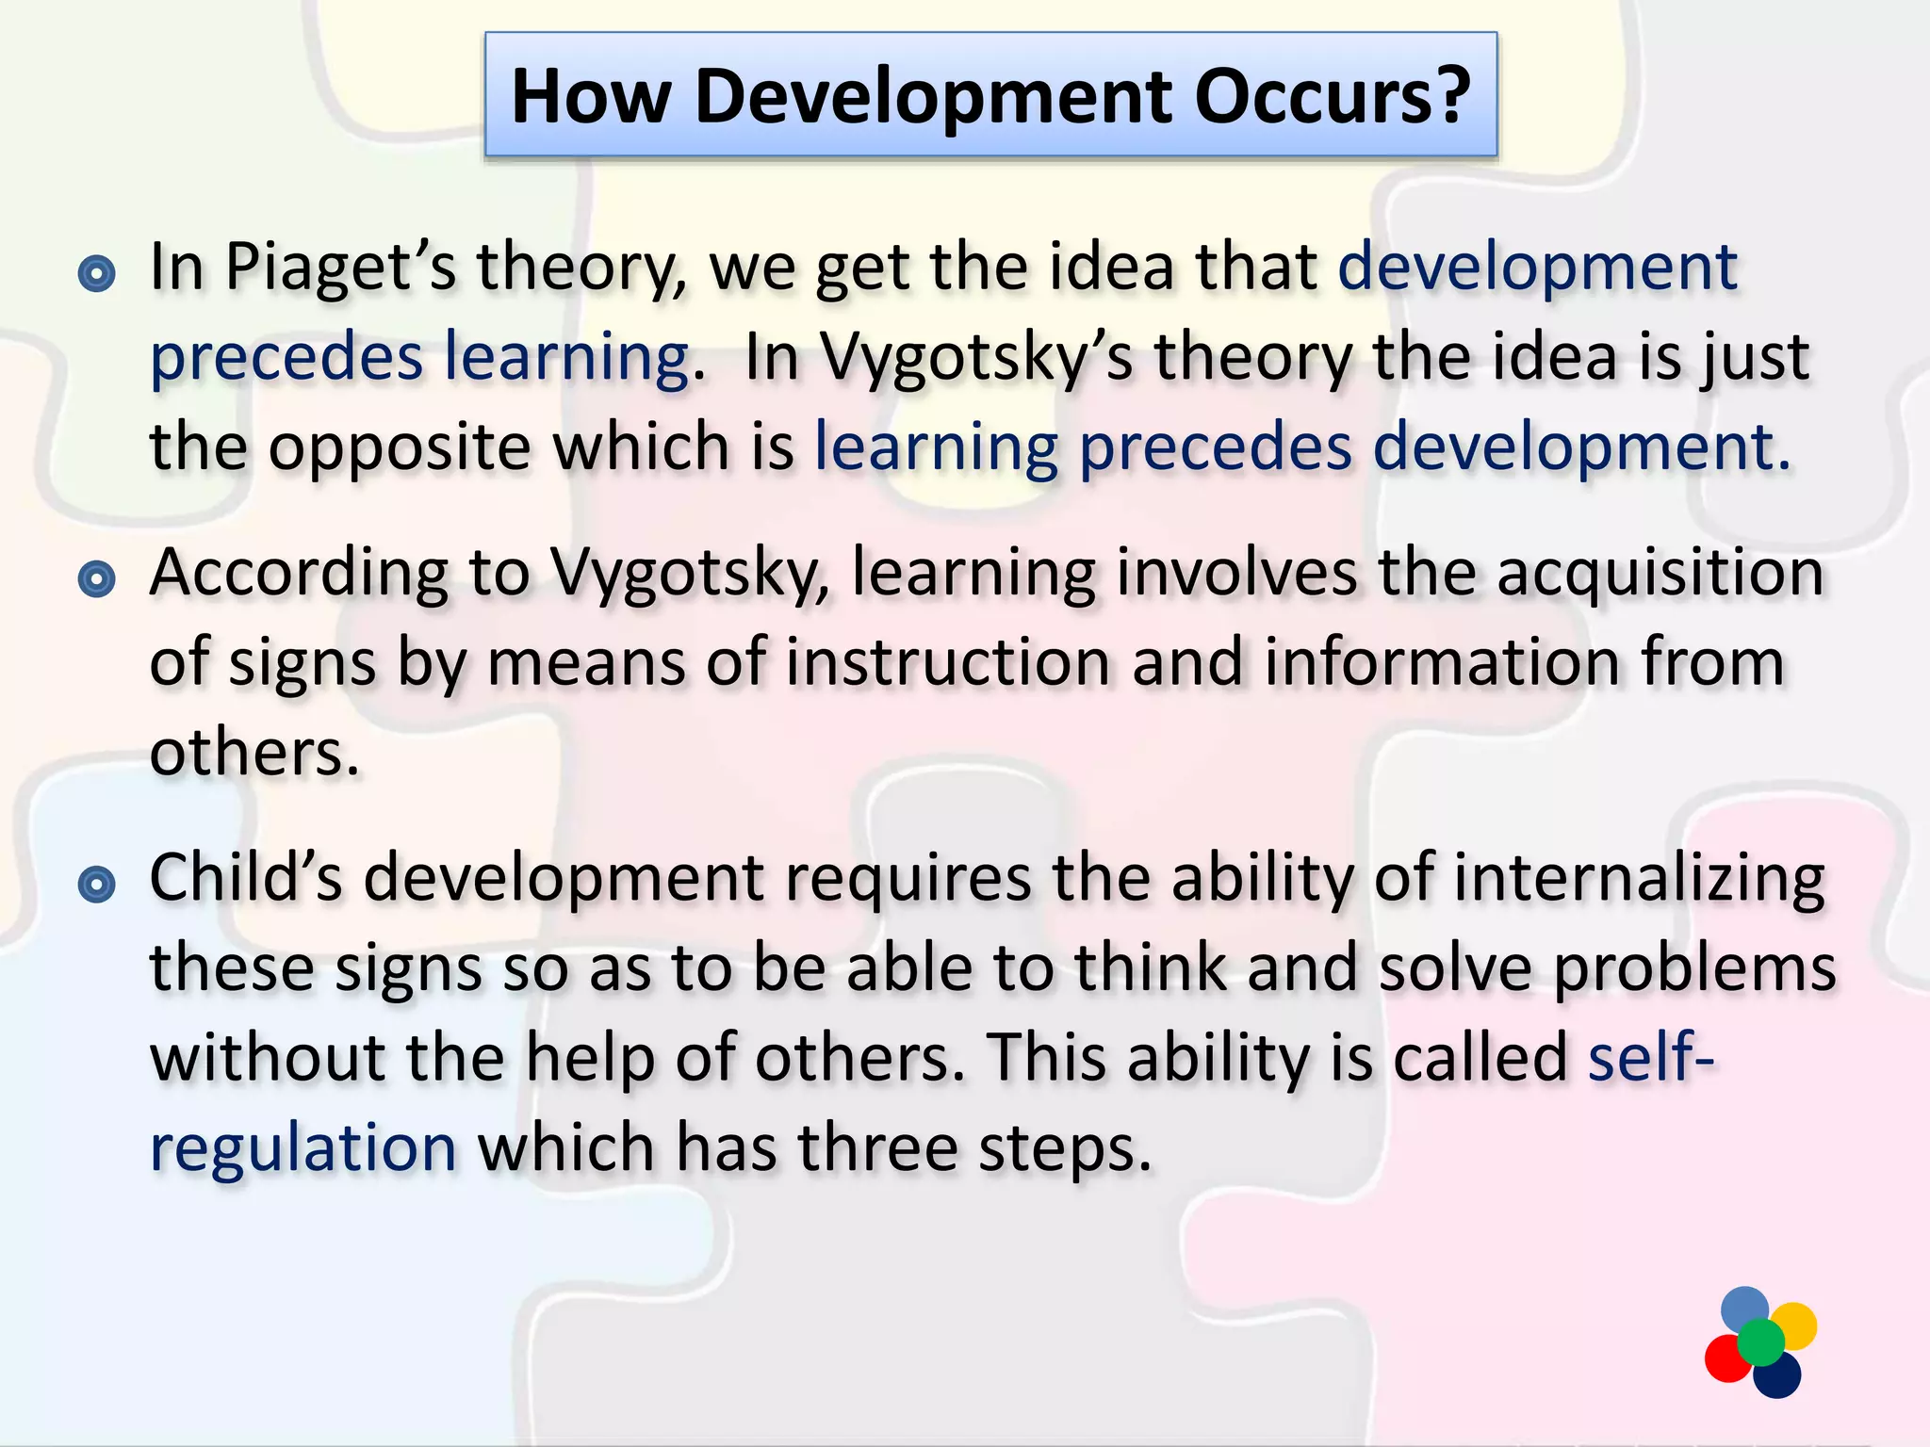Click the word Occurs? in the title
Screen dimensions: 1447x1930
(x=1333, y=96)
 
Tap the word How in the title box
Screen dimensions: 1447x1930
(x=591, y=96)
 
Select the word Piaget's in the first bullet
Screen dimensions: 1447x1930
(x=340, y=269)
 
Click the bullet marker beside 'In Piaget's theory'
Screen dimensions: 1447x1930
(x=96, y=274)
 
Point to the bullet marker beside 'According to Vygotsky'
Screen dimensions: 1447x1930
(x=96, y=578)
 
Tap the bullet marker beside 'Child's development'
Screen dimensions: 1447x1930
(x=96, y=884)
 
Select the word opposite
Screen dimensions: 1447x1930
(x=400, y=448)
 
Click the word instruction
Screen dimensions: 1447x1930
(x=948, y=663)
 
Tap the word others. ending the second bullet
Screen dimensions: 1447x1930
(x=254, y=754)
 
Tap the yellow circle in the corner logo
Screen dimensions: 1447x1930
(x=1793, y=1325)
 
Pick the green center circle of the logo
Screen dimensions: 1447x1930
(x=1760, y=1342)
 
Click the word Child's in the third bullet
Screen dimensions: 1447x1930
(x=245, y=878)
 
